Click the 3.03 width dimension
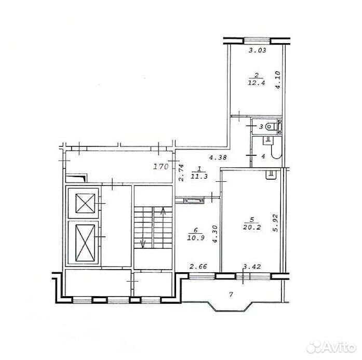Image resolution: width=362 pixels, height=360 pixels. click(258, 50)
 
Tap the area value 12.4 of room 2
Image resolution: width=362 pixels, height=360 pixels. click(256, 83)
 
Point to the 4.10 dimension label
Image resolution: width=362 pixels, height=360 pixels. click(278, 79)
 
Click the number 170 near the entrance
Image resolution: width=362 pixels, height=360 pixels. click(161, 166)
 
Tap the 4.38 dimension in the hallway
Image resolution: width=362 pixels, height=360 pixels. click(218, 158)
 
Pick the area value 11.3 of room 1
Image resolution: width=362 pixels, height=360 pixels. click(199, 177)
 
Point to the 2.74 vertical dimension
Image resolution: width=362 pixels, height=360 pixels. click(181, 172)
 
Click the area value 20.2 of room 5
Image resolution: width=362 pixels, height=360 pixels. click(252, 227)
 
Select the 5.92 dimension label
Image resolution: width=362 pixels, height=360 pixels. click(275, 223)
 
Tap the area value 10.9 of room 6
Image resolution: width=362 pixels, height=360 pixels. click(196, 237)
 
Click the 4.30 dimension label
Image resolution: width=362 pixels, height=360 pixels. click(215, 234)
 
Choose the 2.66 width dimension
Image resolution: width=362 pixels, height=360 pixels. click(198, 266)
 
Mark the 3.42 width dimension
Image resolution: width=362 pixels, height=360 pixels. click(252, 266)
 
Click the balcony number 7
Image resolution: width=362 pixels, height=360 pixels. click(231, 295)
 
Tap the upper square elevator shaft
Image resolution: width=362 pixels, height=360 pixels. click(85, 203)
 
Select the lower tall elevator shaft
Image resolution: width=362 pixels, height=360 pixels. click(85, 243)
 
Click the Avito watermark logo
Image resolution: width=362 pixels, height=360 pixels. click(331, 347)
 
